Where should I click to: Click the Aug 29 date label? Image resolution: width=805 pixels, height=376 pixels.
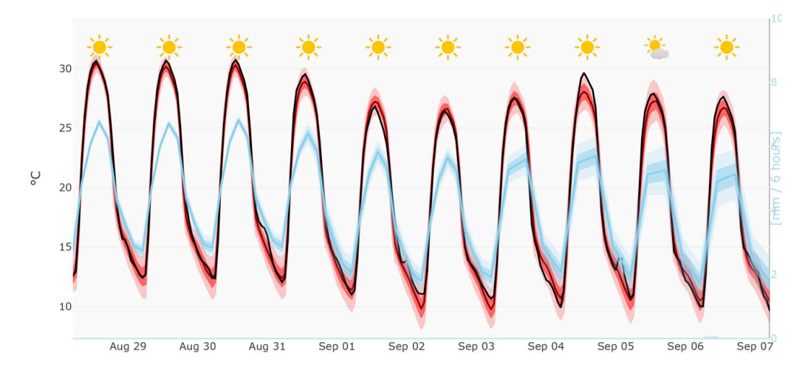point(128,347)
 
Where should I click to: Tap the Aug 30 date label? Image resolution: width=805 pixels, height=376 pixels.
point(197,347)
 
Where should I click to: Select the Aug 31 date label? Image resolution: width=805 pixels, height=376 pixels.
point(267,347)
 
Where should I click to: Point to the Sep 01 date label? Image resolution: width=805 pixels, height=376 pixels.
point(337,347)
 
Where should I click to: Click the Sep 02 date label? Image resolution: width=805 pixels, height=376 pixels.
point(406,347)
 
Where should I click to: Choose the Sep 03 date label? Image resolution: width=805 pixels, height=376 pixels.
point(476,347)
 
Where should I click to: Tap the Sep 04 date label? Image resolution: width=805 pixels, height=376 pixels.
point(546,347)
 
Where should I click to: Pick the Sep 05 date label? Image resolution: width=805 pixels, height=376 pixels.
point(616,347)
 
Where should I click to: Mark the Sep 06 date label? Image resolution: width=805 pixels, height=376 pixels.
point(685,347)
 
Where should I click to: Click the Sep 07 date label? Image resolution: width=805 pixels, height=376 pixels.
point(754,347)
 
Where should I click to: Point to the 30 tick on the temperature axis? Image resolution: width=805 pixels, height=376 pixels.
point(65,69)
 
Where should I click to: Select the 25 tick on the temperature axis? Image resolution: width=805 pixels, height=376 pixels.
point(65,128)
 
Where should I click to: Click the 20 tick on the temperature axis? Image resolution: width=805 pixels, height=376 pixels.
point(65,187)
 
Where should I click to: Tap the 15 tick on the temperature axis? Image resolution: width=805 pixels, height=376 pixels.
point(65,247)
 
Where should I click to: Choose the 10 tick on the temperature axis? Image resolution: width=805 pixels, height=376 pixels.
point(65,306)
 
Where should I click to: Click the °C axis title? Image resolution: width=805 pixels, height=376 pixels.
point(35,178)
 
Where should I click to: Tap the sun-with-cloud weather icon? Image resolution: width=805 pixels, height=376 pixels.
point(657,49)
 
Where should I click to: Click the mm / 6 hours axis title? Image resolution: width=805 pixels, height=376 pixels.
point(776,178)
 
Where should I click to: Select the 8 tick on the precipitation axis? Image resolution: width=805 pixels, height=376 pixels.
point(774,82)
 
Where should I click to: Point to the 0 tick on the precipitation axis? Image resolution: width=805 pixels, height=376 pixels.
point(774,338)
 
